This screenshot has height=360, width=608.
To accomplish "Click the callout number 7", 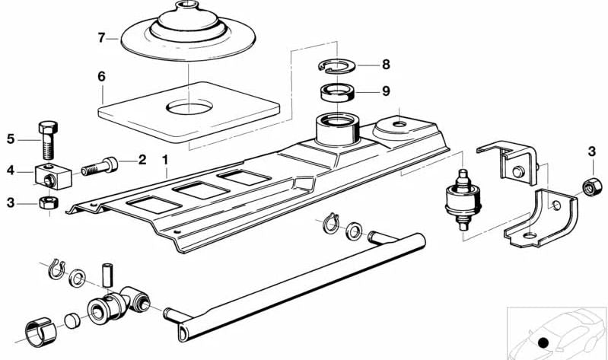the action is click(x=101, y=38).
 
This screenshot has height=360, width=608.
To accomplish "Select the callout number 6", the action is click(x=101, y=76).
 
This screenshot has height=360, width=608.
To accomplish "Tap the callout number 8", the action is click(x=386, y=65).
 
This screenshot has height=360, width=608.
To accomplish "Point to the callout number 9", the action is click(x=386, y=91).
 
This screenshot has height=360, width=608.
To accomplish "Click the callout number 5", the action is click(x=11, y=139).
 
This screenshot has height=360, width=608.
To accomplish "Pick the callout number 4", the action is click(x=11, y=170).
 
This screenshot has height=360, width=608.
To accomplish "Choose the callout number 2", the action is click(x=142, y=159).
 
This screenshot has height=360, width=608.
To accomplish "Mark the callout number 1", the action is click(x=165, y=159).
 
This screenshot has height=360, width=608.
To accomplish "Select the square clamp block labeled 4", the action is click(x=53, y=177).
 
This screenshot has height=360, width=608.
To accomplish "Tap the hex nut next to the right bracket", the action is click(x=592, y=187).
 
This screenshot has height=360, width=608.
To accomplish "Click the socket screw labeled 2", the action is click(x=100, y=167).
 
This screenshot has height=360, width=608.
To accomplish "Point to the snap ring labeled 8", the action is click(x=334, y=65).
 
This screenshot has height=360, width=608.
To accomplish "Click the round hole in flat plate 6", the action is click(x=189, y=107).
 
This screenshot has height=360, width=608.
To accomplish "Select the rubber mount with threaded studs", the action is click(x=463, y=199).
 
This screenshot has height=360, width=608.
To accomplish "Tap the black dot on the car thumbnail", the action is click(x=543, y=342).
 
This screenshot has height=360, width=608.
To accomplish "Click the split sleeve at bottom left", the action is click(x=41, y=331).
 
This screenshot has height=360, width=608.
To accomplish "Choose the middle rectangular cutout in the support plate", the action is click(x=201, y=190).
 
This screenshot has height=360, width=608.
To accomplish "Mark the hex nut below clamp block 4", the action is click(x=49, y=203).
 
